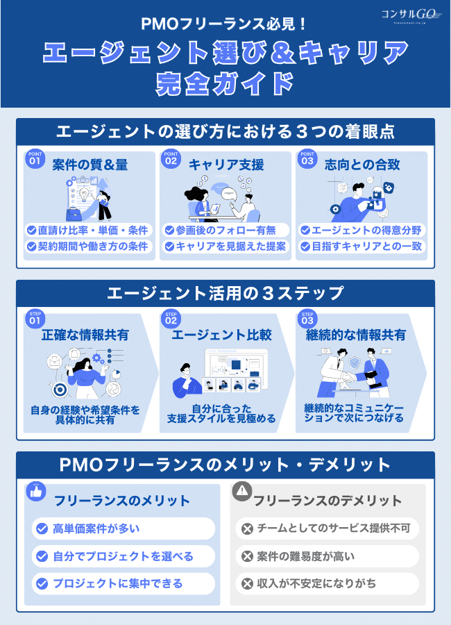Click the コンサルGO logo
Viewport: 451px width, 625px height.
[x=411, y=15]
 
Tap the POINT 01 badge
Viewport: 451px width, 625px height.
[x=35, y=159]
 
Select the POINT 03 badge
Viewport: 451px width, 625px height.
[x=307, y=159]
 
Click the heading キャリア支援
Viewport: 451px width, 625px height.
[x=226, y=165]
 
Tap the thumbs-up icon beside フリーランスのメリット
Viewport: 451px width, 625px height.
[x=36, y=492]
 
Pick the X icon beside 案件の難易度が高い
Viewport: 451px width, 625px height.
[x=246, y=556]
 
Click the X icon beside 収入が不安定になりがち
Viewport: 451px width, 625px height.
[x=246, y=584]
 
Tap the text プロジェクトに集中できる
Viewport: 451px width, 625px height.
[x=117, y=584]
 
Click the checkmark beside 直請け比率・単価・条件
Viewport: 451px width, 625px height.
[x=32, y=230]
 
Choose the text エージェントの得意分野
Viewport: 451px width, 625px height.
[x=368, y=230]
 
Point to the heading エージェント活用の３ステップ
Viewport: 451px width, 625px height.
[x=226, y=294]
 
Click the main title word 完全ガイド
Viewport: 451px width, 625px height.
[x=226, y=82]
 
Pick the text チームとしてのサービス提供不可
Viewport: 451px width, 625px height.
[x=334, y=529]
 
